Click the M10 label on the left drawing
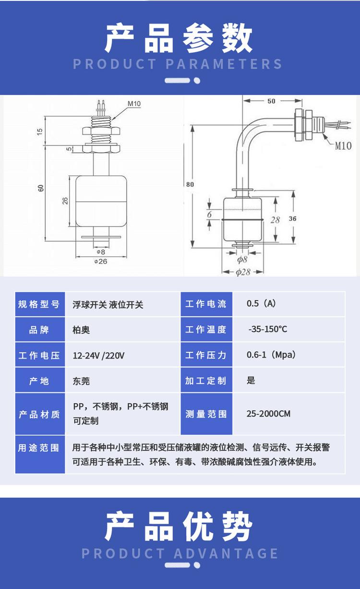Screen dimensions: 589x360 coord(134,103)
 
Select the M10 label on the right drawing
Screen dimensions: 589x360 coord(343,145)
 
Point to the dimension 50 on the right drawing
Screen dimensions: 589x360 coord(271,101)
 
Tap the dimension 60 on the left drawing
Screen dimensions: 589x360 coord(41,188)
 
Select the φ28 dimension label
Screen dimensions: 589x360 coord(243,272)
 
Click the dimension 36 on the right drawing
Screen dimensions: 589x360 coord(293,219)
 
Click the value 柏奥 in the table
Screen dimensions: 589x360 coord(81,330)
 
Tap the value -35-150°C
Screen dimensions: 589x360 coord(268,329)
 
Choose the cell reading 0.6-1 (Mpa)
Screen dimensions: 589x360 coord(271,355)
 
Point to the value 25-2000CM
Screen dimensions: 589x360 coord(268,413)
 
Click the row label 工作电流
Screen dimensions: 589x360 coord(206,304)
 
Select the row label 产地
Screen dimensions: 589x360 coord(39,381)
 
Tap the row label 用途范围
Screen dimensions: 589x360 coord(39,448)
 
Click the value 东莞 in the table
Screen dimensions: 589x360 coord(81,381)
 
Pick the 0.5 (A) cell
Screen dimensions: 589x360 coord(261,303)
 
